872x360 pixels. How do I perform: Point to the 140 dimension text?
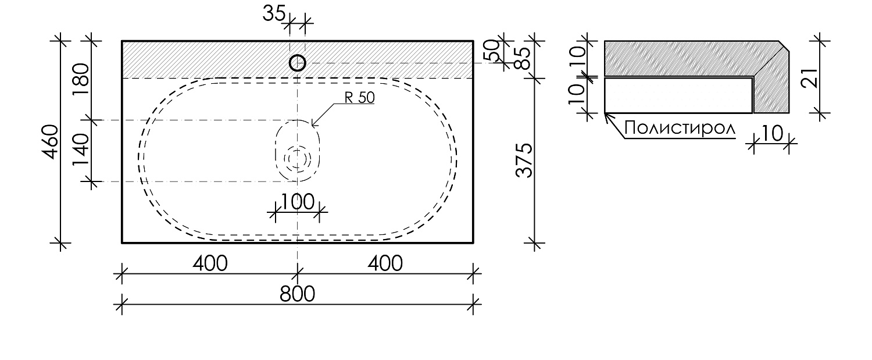coord(81,150)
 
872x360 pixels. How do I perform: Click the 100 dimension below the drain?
coord(297,202)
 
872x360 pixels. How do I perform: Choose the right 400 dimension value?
coord(384,263)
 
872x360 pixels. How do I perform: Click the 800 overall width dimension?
coord(297,294)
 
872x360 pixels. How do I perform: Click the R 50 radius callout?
coord(359,98)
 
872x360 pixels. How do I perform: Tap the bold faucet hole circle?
coord(298,63)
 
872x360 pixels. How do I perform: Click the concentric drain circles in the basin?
coord(298,158)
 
